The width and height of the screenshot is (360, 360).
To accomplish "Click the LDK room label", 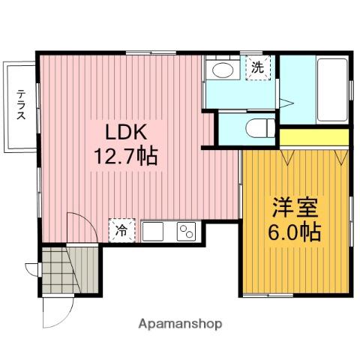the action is (x=126, y=132).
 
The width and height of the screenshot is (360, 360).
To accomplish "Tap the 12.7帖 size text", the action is (x=126, y=156).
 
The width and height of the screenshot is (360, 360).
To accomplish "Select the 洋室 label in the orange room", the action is (x=295, y=208).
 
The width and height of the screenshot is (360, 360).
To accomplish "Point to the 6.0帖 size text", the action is (x=295, y=232).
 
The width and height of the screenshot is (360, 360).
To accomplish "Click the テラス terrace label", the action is (x=21, y=105).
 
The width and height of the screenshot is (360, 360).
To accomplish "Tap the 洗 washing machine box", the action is (x=258, y=67).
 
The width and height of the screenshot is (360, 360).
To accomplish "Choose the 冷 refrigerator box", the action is (x=121, y=230).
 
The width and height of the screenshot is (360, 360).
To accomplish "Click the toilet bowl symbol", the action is (x=260, y=128).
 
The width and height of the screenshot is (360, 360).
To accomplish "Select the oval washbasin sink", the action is (x=223, y=70).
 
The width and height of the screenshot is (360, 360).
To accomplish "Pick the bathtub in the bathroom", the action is (x=332, y=90).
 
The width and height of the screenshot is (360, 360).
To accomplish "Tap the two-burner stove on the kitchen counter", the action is (x=186, y=232).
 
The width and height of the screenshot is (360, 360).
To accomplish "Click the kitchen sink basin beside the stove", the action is (x=153, y=232).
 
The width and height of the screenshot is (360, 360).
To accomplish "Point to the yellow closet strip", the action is (x=314, y=137).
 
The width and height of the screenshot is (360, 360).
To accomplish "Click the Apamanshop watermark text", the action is (x=180, y=324).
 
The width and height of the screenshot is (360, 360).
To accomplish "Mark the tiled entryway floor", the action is (x=61, y=270).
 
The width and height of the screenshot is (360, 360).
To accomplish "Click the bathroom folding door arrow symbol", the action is (x=286, y=103).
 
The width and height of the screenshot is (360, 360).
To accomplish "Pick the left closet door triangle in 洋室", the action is (x=286, y=157).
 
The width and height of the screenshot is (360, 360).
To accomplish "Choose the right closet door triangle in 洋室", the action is (x=341, y=157).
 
